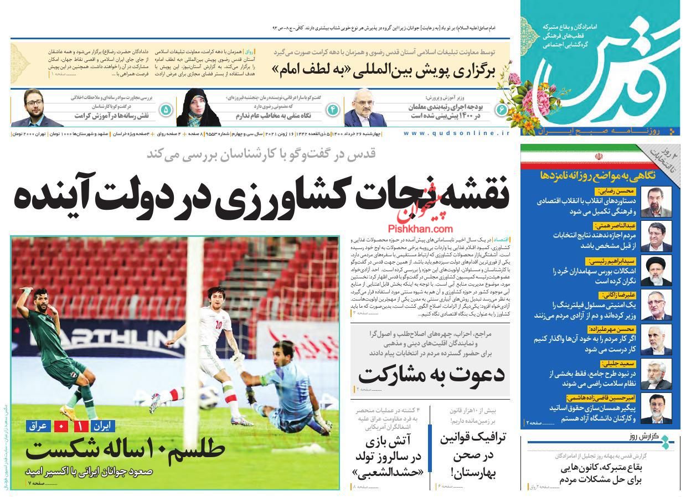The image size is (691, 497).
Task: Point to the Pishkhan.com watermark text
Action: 420,228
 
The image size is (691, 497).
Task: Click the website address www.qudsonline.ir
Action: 456,134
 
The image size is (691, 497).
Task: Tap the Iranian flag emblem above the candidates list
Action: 598,157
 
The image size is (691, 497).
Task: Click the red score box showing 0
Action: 59,426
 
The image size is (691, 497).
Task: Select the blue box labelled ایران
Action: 102,426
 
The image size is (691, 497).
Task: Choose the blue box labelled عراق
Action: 38,426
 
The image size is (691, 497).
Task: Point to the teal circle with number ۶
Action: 502,110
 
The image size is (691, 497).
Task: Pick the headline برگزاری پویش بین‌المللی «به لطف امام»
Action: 383,70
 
